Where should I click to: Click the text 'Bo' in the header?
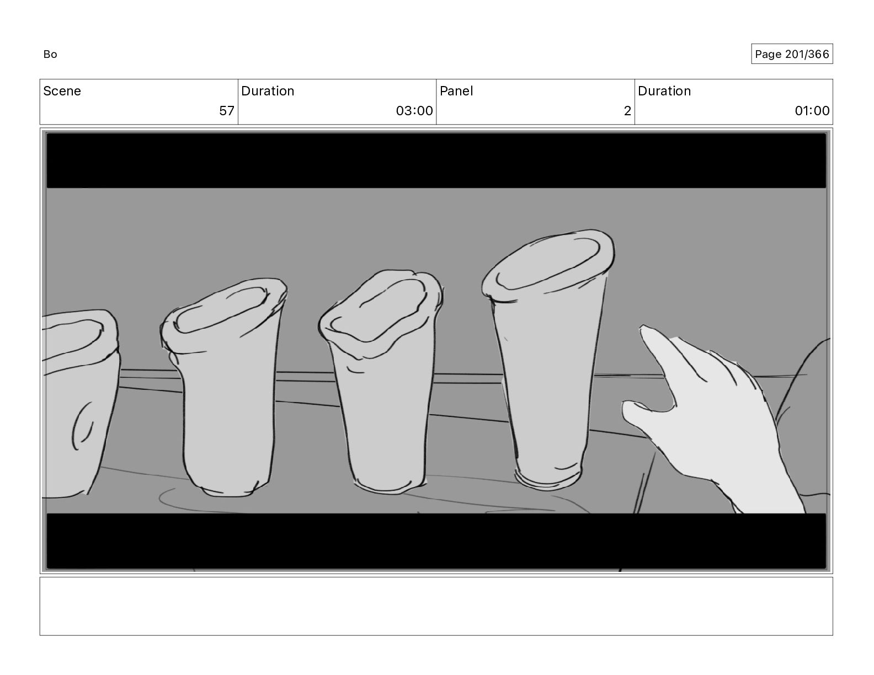[x=50, y=54]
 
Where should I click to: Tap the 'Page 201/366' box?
[x=792, y=54]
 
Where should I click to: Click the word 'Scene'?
[x=62, y=91]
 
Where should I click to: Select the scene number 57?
[x=226, y=111]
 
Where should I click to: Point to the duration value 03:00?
[x=414, y=111]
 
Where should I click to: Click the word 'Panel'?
[x=456, y=91]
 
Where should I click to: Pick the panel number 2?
[x=627, y=111]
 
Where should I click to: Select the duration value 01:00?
[x=812, y=111]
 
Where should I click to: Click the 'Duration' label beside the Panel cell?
[x=664, y=91]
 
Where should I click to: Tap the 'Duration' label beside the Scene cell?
[x=268, y=91]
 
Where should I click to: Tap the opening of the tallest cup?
[x=548, y=263]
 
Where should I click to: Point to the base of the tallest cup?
[x=548, y=479]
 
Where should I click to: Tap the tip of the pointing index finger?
[x=642, y=328]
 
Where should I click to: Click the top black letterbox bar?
[x=436, y=160]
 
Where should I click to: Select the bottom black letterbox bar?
[x=436, y=541]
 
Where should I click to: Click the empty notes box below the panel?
[x=436, y=606]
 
